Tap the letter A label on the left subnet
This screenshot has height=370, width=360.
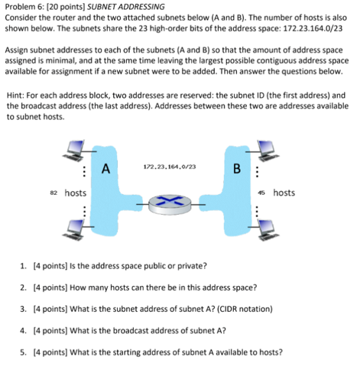[x=105, y=167]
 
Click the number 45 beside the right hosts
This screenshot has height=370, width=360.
[x=262, y=193]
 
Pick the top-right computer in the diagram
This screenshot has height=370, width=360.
[x=268, y=149]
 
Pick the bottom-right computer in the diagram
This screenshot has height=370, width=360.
[x=268, y=227]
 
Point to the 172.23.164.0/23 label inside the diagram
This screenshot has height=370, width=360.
[x=169, y=166]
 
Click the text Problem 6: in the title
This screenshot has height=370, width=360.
[x=26, y=6]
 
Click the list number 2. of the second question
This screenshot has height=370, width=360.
[x=24, y=288]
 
